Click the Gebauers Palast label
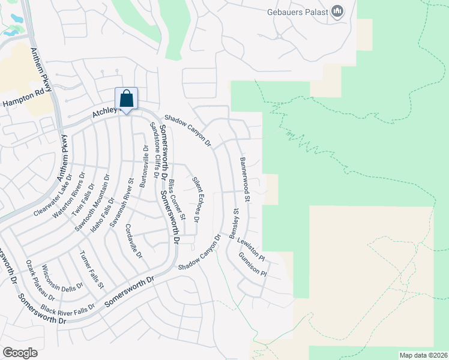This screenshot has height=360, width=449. point(298,11)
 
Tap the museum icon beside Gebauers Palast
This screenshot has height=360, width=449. point(337,11)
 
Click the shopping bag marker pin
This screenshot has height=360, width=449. point(127,99)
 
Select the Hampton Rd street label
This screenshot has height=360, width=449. point(23,98)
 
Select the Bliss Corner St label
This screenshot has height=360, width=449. point(175,199)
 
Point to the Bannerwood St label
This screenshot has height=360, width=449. point(246,175)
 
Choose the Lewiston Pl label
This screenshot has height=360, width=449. point(252,248)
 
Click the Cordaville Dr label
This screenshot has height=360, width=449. point(134,241)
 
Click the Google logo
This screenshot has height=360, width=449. point(20,352)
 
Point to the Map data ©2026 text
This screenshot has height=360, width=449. point(423,355)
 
